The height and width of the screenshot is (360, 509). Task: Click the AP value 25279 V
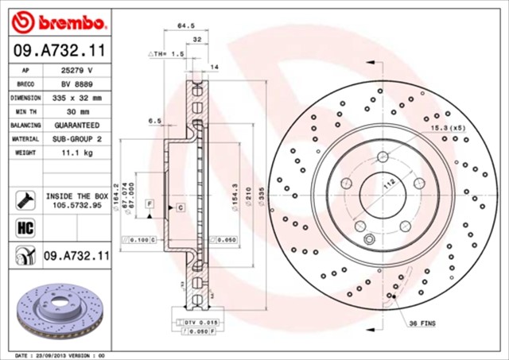coord(76,70)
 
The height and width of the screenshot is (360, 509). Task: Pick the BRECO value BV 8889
coord(76,83)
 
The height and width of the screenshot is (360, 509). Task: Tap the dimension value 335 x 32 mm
coord(76,97)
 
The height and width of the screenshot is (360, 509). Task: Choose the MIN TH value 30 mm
coord(76,111)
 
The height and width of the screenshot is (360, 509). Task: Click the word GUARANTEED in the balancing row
coord(76,125)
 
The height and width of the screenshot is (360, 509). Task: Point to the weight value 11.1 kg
coord(76,152)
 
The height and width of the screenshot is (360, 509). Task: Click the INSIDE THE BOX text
coord(76,195)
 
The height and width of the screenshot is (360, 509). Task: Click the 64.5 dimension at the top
coord(185,26)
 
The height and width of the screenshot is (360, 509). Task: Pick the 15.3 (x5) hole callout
coord(447,127)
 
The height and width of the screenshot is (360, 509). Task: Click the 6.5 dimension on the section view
coord(154,121)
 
